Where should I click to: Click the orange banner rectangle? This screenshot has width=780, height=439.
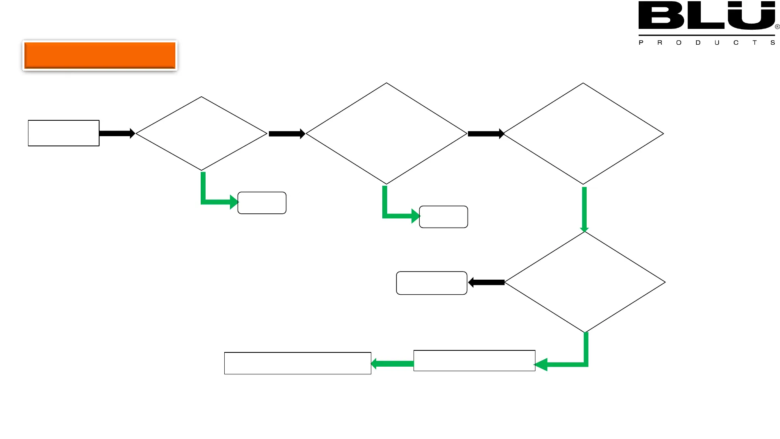tap(100, 55)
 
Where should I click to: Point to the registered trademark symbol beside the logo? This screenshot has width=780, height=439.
tap(777, 27)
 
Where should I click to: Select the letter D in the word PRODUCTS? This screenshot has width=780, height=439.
tap(698, 43)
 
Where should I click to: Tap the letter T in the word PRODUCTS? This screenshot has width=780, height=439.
tap(754, 43)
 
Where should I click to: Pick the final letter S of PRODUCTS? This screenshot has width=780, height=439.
tap(773, 43)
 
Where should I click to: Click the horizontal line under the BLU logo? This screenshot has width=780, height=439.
tap(706, 35)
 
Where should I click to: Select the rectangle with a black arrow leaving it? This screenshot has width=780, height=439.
tap(63, 133)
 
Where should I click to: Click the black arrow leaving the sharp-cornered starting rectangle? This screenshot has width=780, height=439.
tap(117, 133)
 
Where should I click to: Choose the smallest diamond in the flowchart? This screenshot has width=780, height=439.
tap(201, 133)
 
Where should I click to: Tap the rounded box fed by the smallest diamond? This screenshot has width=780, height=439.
tap(262, 203)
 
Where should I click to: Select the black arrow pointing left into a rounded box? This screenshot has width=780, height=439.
tap(486, 283)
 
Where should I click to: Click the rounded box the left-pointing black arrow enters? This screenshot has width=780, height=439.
tap(431, 283)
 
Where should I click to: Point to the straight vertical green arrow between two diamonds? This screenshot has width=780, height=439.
tap(584, 209)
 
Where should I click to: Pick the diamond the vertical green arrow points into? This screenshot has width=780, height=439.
tap(585, 282)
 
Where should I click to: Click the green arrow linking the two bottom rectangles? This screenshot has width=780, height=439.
tap(392, 363)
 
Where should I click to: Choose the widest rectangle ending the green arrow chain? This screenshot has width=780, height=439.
tap(297, 363)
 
